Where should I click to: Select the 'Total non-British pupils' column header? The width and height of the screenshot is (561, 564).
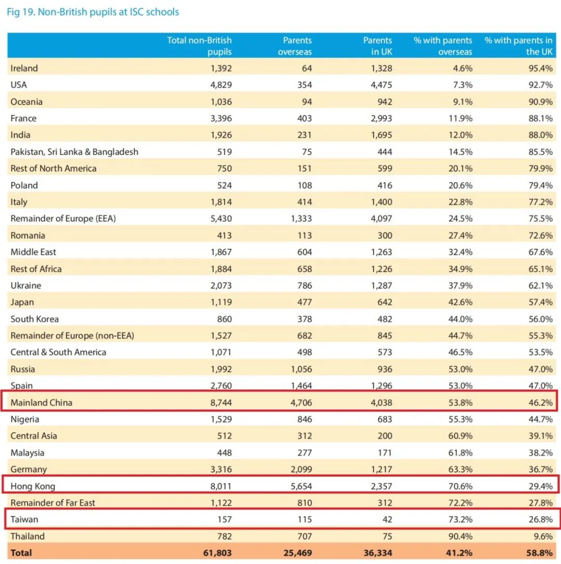[x=199, y=46]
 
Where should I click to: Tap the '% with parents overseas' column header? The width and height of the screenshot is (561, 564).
[x=443, y=46]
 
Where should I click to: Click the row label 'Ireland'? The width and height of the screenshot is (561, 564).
[x=24, y=68]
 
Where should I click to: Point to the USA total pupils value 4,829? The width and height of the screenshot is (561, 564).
[x=221, y=85]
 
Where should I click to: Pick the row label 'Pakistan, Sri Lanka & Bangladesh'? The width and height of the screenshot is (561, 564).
[x=74, y=152]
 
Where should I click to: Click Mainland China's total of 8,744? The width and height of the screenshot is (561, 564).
[x=221, y=402]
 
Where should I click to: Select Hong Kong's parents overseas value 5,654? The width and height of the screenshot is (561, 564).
[x=301, y=487]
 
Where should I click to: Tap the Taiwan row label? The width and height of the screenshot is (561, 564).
[x=24, y=519]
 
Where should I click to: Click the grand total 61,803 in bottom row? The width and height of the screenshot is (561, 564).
[x=217, y=553]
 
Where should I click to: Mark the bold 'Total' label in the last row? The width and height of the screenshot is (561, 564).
[x=21, y=553]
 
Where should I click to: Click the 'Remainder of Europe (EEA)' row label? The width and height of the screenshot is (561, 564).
[x=63, y=218]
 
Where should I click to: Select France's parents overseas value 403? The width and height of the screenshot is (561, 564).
[x=303, y=118]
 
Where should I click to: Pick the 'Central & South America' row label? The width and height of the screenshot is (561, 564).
[x=58, y=352]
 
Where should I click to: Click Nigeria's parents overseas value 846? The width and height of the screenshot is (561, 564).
[x=303, y=419]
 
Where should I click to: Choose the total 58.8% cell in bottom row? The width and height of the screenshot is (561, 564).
[x=540, y=553]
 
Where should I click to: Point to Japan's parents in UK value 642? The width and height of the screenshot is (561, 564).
[x=384, y=302]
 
